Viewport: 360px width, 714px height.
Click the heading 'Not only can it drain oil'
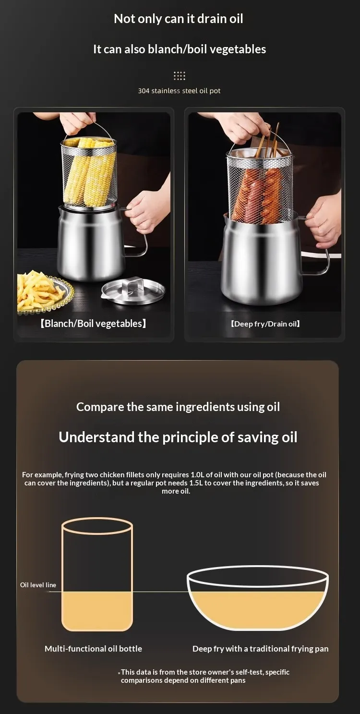pyautogui.click(x=179, y=19)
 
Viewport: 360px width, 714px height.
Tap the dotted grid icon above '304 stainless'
pyautogui.click(x=180, y=76)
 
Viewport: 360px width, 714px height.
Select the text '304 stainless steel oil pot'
pyautogui.click(x=179, y=91)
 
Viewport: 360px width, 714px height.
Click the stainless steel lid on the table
pyautogui.click(x=133, y=290)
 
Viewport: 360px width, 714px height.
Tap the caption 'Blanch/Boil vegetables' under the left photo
pyautogui.click(x=93, y=324)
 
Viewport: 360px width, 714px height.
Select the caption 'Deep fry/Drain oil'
pyautogui.click(x=265, y=324)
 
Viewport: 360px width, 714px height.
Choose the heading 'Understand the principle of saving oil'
pyautogui.click(x=178, y=437)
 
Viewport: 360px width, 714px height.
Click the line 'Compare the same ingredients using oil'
pyautogui.click(x=178, y=407)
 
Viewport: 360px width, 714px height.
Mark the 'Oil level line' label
pyautogui.click(x=38, y=585)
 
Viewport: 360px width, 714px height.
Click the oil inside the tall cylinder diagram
pyautogui.click(x=97, y=610)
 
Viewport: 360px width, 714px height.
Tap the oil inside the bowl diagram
pyautogui.click(x=257, y=607)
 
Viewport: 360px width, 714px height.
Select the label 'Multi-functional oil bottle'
pyautogui.click(x=93, y=648)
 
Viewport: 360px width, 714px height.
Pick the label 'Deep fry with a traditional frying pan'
pyautogui.click(x=260, y=648)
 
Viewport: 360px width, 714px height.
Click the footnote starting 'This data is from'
pyautogui.click(x=204, y=676)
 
